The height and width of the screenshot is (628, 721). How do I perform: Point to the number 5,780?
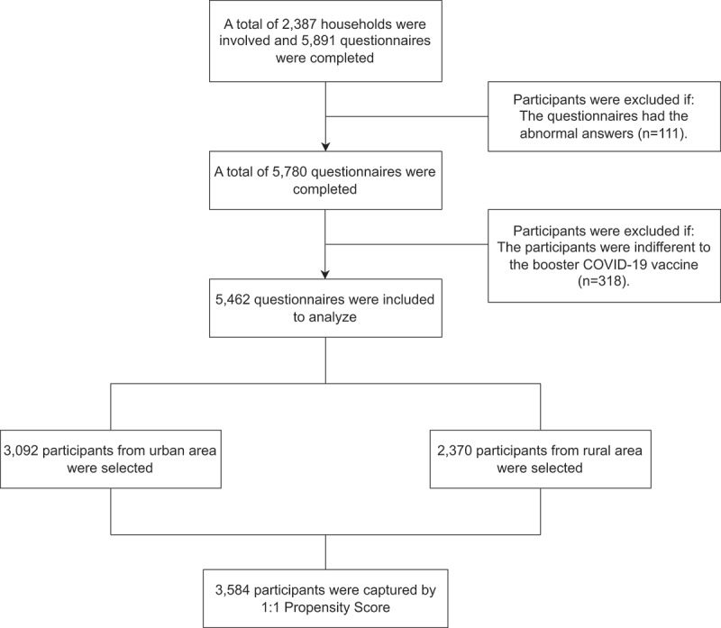(290, 172)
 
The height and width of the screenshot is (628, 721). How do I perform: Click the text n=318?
(602, 281)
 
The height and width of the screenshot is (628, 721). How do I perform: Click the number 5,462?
(233, 300)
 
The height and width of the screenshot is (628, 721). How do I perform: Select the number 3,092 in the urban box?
(21, 451)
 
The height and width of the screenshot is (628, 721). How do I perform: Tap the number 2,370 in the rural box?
(455, 451)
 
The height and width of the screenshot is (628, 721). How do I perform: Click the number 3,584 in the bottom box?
(233, 590)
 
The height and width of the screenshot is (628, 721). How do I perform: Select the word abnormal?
(549, 133)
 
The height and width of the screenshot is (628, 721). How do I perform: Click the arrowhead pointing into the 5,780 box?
(325, 147)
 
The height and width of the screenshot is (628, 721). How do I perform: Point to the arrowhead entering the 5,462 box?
(325, 275)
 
